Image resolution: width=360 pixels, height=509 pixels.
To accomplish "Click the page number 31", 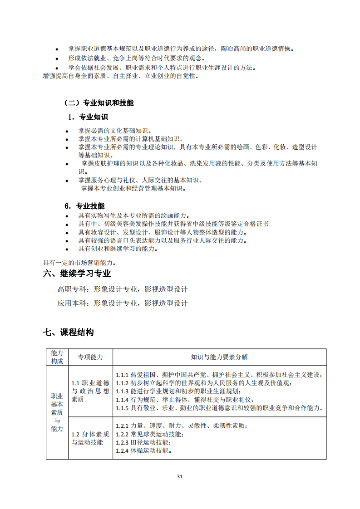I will point(180,476).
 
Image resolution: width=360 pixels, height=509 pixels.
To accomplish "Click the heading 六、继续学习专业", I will point(77,274).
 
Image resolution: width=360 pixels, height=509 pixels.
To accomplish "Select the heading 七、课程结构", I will point(69,333).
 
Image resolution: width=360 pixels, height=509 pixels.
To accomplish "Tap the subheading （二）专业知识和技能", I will point(99,103).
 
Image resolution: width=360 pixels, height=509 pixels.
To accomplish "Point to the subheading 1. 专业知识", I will point(88,117).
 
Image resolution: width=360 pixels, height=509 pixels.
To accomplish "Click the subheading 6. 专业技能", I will point(84,206).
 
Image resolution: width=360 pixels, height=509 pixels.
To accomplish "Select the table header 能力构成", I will point(57,357).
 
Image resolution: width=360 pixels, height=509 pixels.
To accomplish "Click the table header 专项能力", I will point(90,357).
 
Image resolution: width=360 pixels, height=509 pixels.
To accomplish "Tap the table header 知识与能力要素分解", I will point(219,357).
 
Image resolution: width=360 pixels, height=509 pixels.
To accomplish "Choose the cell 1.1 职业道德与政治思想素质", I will point(90,391).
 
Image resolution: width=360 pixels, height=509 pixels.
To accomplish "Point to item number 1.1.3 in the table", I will point(122,391).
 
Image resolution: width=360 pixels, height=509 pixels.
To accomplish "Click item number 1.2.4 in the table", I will point(122,451).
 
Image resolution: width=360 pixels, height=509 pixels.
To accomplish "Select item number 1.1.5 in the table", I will point(122,408).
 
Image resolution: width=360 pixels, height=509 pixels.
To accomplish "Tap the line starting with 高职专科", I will point(122,289).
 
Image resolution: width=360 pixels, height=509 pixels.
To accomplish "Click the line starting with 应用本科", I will point(122,303).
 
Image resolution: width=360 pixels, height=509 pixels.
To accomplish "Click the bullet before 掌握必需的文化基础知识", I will point(67,131).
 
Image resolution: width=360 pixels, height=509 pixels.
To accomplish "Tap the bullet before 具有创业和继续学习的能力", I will point(67,249).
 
